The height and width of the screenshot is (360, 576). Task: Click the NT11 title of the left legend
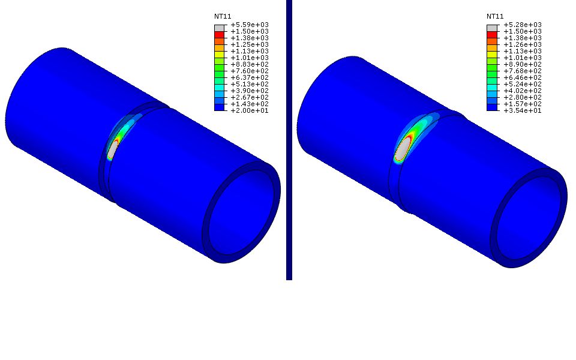click(223, 16)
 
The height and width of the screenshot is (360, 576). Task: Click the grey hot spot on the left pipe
click(112, 149)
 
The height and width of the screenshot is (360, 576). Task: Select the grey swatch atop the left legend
click(219, 28)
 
